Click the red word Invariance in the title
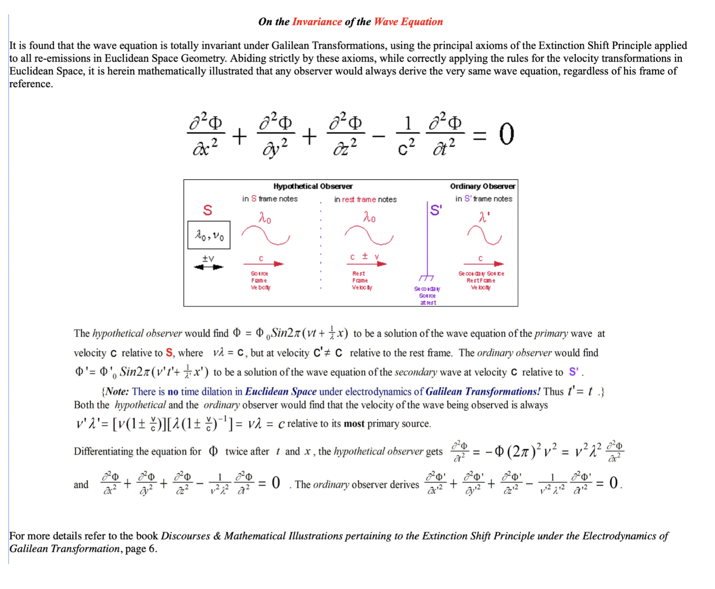[317, 22]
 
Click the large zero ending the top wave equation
[506, 135]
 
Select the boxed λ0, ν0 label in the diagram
[209, 235]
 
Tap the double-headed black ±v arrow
[208, 267]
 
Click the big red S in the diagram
[208, 210]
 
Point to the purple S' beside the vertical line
[436, 211]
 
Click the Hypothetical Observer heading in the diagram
[313, 187]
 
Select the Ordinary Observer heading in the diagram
[482, 187]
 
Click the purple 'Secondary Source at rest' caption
[427, 296]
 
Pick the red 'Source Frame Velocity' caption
[260, 281]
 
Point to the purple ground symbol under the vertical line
[426, 278]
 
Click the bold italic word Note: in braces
[117, 392]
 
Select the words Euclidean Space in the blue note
[281, 392]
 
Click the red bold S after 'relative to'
[169, 353]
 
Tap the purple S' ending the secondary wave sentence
[574, 372]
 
